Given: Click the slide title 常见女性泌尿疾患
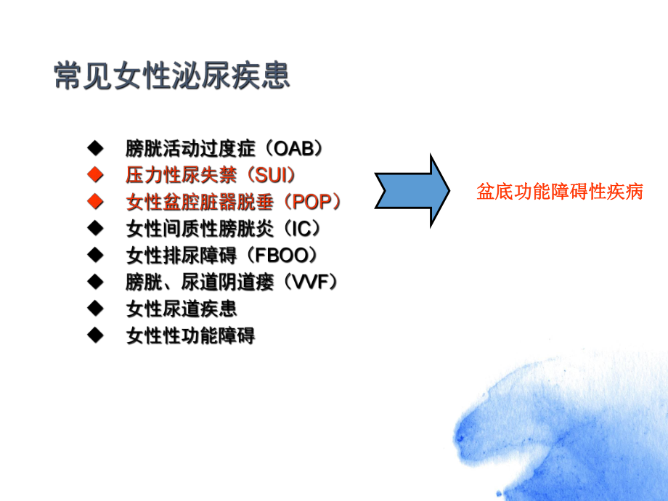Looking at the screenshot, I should [x=172, y=76].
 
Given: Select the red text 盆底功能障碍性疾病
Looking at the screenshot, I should [x=560, y=192].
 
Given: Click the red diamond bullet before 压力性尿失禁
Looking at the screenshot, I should [x=94, y=175].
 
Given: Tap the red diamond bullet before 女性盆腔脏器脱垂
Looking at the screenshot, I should [x=94, y=202].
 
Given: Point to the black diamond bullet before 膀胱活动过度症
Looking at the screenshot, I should [x=94, y=149].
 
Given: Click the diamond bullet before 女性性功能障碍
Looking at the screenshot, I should [x=94, y=335].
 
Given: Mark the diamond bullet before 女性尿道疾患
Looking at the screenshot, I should [x=94, y=309].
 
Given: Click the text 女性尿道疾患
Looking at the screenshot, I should [x=182, y=309].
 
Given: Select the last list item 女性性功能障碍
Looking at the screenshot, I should [x=190, y=336].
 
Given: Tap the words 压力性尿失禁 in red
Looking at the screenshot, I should [x=182, y=176].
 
